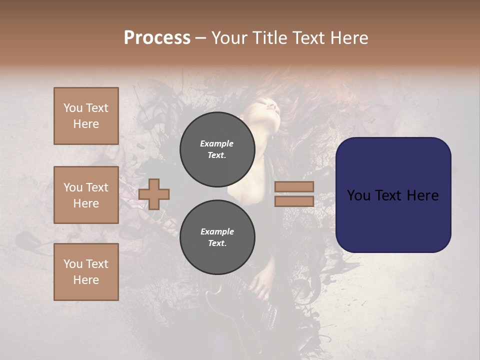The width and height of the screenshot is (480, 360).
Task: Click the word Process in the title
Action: point(157,38)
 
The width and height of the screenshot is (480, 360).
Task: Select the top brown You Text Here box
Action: point(86,116)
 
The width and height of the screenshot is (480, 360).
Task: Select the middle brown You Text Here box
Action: point(86,195)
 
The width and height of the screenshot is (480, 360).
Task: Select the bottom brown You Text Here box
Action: point(86,271)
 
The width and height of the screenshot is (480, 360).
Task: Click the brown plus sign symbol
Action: point(154,194)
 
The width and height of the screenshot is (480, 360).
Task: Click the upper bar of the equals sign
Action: point(294,187)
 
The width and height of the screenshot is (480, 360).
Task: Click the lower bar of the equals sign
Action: point(294,201)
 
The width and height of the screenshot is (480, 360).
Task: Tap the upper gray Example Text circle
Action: point(217,149)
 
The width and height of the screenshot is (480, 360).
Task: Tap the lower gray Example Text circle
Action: point(217,237)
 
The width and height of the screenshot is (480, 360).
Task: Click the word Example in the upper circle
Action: point(217,143)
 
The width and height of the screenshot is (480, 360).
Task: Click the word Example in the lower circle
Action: point(217,231)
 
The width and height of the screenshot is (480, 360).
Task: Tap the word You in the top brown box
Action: point(73,108)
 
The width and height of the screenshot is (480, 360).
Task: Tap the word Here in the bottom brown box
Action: point(86,280)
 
